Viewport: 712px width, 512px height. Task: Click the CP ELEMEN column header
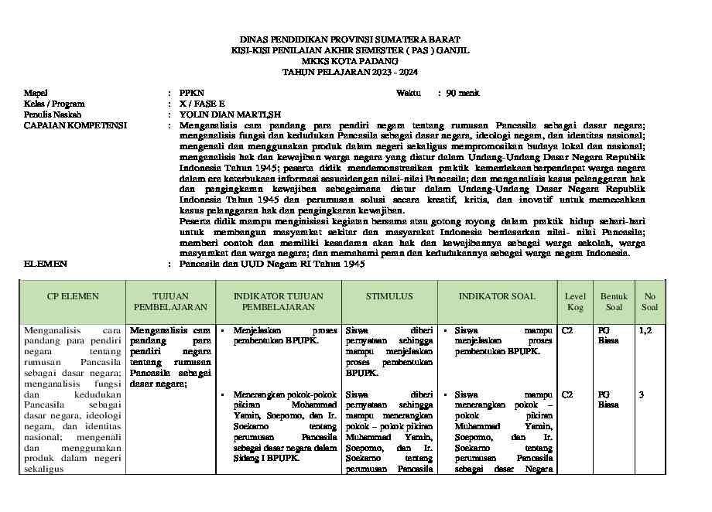pyautogui.click(x=73, y=296)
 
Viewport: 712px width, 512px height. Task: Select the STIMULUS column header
pyautogui.click(x=389, y=296)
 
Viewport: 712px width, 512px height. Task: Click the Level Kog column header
pyautogui.click(x=575, y=302)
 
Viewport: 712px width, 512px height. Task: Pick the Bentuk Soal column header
pyautogui.click(x=614, y=302)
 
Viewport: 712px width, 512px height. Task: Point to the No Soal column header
pyautogui.click(x=649, y=302)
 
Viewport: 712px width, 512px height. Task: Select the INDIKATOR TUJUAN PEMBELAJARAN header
pyautogui.click(x=278, y=302)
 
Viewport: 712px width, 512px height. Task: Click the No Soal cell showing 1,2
pyautogui.click(x=645, y=330)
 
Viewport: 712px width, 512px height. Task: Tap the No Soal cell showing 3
pyautogui.click(x=642, y=394)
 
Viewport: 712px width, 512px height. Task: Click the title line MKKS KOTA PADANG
pyautogui.click(x=350, y=60)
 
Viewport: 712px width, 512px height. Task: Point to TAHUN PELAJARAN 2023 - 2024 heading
pyautogui.click(x=350, y=71)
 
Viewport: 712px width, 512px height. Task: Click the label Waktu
pyautogui.click(x=409, y=93)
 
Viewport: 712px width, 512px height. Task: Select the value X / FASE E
pyautogui.click(x=202, y=104)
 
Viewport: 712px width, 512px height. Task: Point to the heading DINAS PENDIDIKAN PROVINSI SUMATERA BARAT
pyautogui.click(x=350, y=39)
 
